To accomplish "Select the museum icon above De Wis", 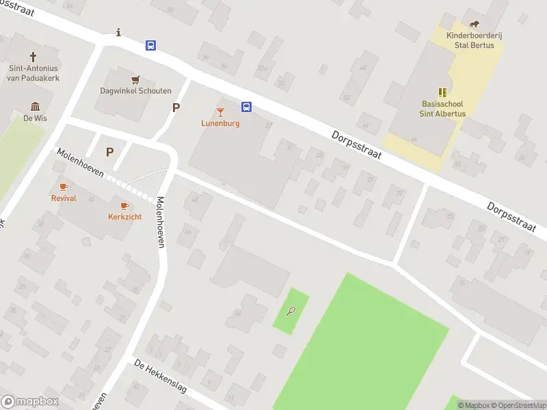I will [x=35, y=106].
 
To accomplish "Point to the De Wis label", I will [x=35, y=118].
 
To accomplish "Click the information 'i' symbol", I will [x=120, y=32].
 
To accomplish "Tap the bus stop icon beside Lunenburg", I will [x=246, y=107].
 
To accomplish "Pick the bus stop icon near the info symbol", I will [x=150, y=46].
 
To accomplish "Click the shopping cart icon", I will [x=135, y=80].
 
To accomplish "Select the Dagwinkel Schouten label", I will [x=135, y=91].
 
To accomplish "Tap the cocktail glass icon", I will [x=220, y=112].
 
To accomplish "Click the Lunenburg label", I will [x=220, y=124].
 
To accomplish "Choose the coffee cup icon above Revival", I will [x=64, y=187].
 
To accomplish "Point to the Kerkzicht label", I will [x=124, y=217].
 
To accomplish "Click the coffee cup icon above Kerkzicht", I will [x=124, y=206].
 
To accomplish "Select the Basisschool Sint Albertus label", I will [x=442, y=109].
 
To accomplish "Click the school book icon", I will [x=442, y=92].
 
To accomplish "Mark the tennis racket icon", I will [x=291, y=312].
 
